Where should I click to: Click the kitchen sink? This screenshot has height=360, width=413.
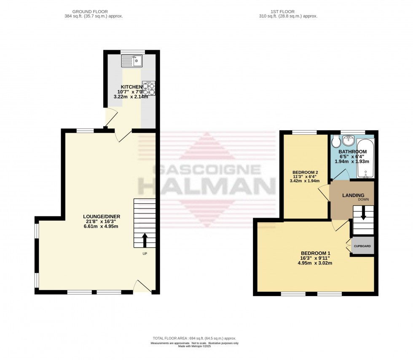point(131,61)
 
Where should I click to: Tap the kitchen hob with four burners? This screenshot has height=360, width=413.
point(149,88)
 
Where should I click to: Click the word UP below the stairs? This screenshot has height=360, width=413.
point(145,253)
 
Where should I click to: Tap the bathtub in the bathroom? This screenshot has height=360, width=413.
point(365,158)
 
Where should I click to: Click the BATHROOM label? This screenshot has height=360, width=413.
point(352,152)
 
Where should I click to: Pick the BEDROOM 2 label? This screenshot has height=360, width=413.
point(306,172)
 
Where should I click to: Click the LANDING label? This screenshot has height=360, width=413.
point(351,195)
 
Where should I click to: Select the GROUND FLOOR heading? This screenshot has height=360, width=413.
point(90,11)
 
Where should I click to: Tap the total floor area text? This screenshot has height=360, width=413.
point(194,338)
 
